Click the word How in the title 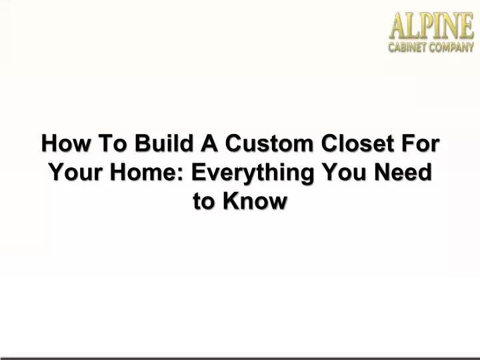pos(66,143)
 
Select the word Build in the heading pos(164,143)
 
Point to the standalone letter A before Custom pos(209,143)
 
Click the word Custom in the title pos(269,143)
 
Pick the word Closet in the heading pos(357,143)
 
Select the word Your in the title pos(75,172)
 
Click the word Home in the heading pos(143,172)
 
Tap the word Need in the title pos(403,172)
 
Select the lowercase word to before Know pos(204,201)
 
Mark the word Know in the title pos(255,201)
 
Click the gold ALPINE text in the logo pos(431,26)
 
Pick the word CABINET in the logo pos(407,47)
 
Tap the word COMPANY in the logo pos(451,47)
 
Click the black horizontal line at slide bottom pos(240,358)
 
